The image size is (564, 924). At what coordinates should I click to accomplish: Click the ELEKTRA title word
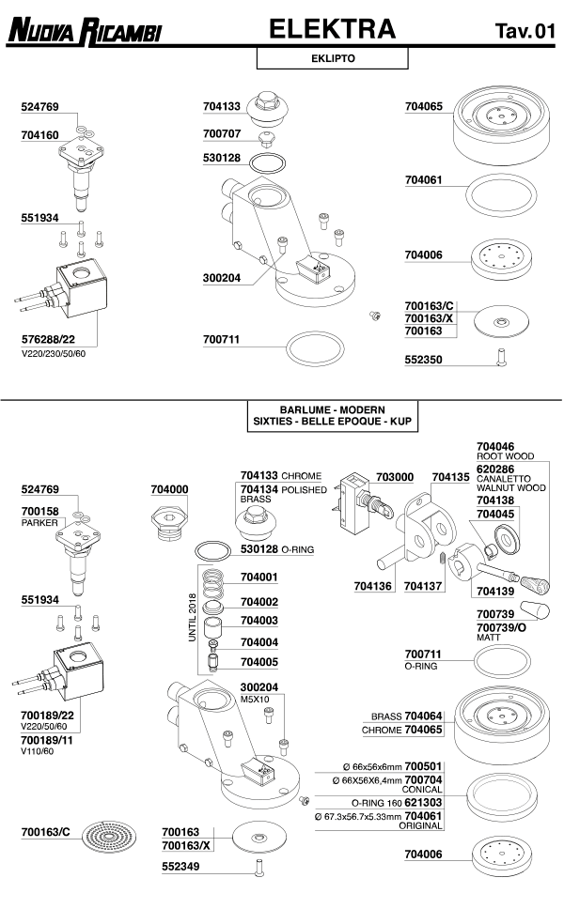click(333, 30)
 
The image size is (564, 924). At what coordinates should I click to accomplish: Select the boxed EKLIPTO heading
click(332, 58)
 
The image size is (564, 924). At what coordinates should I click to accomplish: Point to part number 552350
click(423, 360)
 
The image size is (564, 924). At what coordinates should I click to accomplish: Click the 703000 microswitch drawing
click(357, 506)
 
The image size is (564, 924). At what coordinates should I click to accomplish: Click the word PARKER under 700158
click(39, 522)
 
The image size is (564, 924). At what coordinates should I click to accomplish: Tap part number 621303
click(424, 804)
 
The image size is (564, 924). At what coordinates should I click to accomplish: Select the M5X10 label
click(255, 699)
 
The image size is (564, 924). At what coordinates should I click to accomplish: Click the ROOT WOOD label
click(505, 456)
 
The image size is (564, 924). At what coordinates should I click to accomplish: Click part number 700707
click(223, 133)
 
